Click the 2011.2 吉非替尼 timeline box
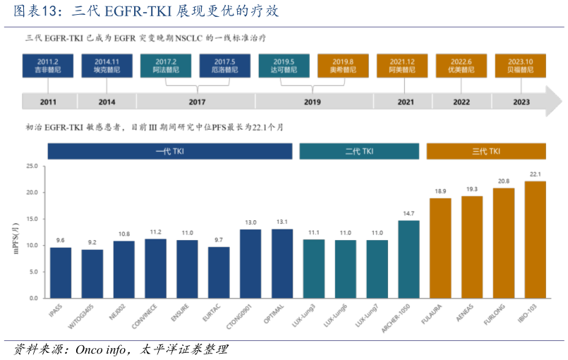pyautogui.click(x=48, y=66)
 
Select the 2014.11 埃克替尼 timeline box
pyautogui.click(x=107, y=66)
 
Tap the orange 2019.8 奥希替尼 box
pyautogui.click(x=342, y=66)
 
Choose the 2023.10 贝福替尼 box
pyautogui.click(x=520, y=66)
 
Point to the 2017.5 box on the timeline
pyautogui.click(x=224, y=66)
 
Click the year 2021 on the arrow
pyautogui.click(x=406, y=102)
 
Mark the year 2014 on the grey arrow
pyautogui.click(x=107, y=102)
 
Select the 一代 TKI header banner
pyautogui.click(x=169, y=151)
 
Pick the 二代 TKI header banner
pyautogui.click(x=359, y=151)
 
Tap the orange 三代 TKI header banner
pyautogui.click(x=485, y=151)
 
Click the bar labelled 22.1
pyautogui.click(x=535, y=239)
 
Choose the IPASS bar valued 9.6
pyautogui.click(x=61, y=272)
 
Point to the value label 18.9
pyautogui.click(x=440, y=191)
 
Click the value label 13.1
pyautogui.click(x=282, y=222)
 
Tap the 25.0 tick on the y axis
pyautogui.click(x=32, y=167)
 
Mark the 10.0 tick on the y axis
pyautogui.click(x=32, y=246)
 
